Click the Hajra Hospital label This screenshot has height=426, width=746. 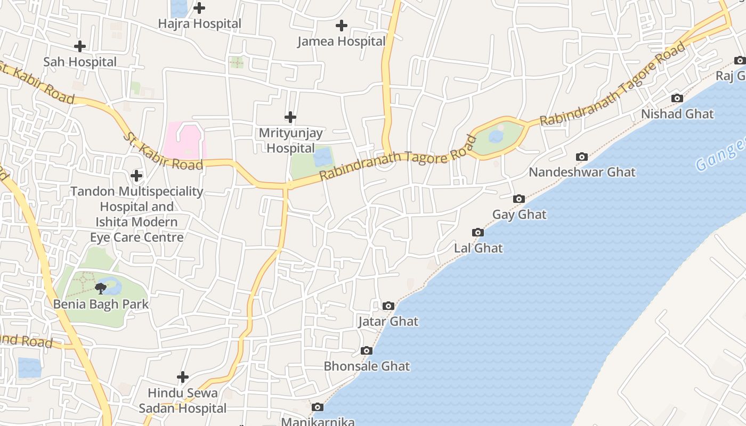coord(200,24)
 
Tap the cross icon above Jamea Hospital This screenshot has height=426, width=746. coord(342,26)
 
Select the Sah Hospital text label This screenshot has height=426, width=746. coord(80,62)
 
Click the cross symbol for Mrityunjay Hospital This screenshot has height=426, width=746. coord(290,117)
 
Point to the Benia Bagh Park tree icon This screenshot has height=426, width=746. coord(100,289)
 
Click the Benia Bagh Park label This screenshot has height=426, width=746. coord(101,305)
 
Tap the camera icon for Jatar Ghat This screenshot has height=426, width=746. coord(388,306)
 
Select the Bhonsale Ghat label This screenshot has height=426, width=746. coord(367,366)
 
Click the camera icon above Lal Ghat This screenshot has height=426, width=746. coord(478,232)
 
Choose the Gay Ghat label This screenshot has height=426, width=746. coord(519,215)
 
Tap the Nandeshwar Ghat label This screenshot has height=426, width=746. coord(582,173)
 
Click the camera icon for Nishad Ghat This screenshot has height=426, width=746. coord(677,98)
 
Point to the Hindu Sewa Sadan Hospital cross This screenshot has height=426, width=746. coord(183,378)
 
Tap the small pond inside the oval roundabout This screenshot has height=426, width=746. coord(496,137)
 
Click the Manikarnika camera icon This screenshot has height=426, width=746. coord(318,407)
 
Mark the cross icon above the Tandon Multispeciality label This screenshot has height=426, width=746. coord(136,176)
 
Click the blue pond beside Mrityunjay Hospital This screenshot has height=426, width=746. coord(323,158)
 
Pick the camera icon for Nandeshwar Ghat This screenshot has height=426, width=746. coord(582,157)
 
